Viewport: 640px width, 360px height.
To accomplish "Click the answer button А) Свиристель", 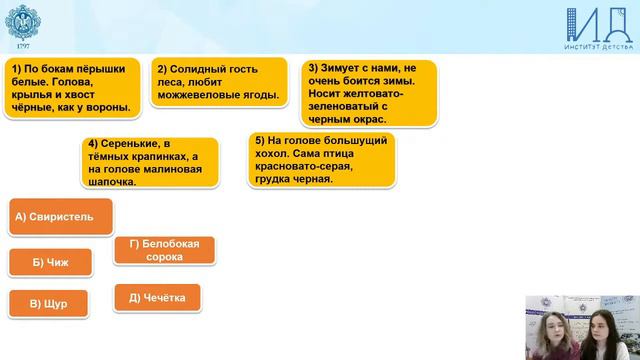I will (59, 216).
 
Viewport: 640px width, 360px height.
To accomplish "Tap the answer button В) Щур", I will (48, 304).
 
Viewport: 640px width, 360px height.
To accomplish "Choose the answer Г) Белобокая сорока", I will (164, 250).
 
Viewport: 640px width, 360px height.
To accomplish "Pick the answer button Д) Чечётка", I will (157, 298).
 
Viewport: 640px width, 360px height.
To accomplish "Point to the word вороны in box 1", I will (108, 107).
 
